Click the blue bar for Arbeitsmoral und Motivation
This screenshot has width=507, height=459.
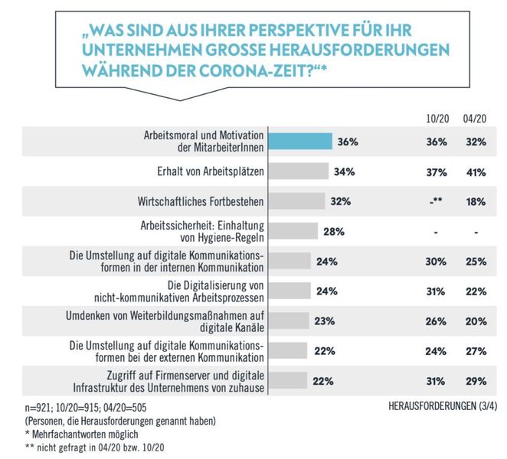click(299, 142)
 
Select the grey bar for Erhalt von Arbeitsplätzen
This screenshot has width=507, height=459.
click(298, 171)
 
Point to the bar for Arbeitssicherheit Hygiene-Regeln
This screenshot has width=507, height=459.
click(293, 231)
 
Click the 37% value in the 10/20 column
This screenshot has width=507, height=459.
click(436, 172)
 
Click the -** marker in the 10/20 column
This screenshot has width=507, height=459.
click(436, 202)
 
